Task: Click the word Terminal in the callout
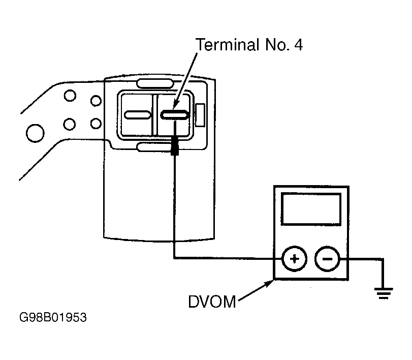(228, 44)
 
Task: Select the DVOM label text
(212, 302)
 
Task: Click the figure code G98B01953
(53, 317)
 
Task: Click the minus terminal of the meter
(327, 259)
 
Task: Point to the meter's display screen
(311, 209)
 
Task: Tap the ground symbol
(384, 293)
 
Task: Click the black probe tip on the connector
(175, 145)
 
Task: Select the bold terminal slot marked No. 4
(175, 115)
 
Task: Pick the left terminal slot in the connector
(138, 115)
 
